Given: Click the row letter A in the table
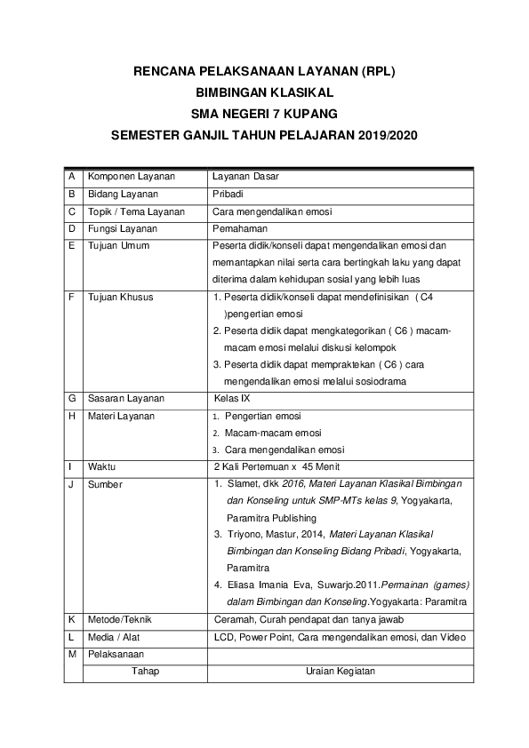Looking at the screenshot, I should [70, 176].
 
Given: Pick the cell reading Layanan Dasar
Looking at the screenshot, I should [246, 176].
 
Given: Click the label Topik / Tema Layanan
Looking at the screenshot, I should [136, 211].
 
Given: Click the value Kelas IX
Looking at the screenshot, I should [233, 398].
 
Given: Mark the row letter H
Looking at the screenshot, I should [70, 416].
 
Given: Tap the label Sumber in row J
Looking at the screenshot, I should [106, 484].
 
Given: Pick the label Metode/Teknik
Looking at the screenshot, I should [120, 618].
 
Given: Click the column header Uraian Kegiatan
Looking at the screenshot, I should [340, 671].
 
